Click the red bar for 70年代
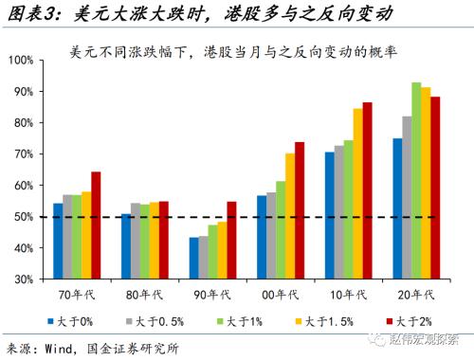pos(96,225)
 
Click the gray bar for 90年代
pos(204,258)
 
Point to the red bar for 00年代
pos(300,211)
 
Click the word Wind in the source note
pos(61,348)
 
